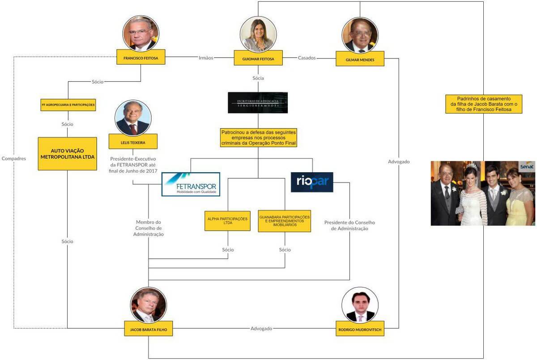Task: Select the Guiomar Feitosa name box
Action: [258, 58]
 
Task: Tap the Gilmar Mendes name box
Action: [360, 59]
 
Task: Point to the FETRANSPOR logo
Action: [191, 184]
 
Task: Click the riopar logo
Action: [312, 182]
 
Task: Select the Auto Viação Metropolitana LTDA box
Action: [67, 153]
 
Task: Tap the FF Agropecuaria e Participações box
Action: [68, 106]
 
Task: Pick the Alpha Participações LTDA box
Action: [227, 221]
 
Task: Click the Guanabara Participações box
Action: [284, 221]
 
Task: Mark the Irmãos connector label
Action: [206, 58]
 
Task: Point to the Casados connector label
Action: [307, 58]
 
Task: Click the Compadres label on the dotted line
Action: [14, 158]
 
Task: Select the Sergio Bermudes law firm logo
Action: [258, 102]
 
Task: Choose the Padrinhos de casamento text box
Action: [484, 104]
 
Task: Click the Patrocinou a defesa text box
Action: [258, 138]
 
